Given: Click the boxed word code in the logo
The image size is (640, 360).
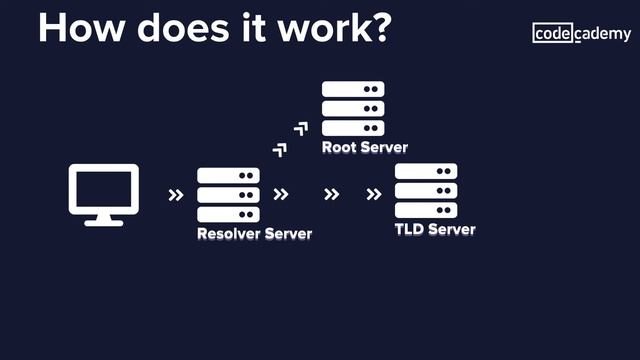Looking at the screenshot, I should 553,34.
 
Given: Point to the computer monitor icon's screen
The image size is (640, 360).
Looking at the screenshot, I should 103,188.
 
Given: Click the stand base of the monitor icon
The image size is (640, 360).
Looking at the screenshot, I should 103,222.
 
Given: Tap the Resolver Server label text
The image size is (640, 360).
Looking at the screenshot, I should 254,235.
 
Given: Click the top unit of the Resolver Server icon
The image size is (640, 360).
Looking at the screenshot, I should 228,176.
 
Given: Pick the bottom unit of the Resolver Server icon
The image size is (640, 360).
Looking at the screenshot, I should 228,214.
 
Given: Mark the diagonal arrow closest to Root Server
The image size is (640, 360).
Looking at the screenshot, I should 301,128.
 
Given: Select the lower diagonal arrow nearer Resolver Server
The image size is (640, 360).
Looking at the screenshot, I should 280,150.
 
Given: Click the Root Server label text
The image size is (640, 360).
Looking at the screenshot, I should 364,148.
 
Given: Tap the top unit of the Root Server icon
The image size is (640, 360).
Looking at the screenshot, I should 353,90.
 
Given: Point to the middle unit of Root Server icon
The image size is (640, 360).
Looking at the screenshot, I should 353,109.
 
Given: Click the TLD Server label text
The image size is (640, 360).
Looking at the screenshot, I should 434,230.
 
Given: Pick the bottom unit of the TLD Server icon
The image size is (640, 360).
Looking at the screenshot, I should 426,210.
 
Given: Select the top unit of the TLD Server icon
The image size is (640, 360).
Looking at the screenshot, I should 426,171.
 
